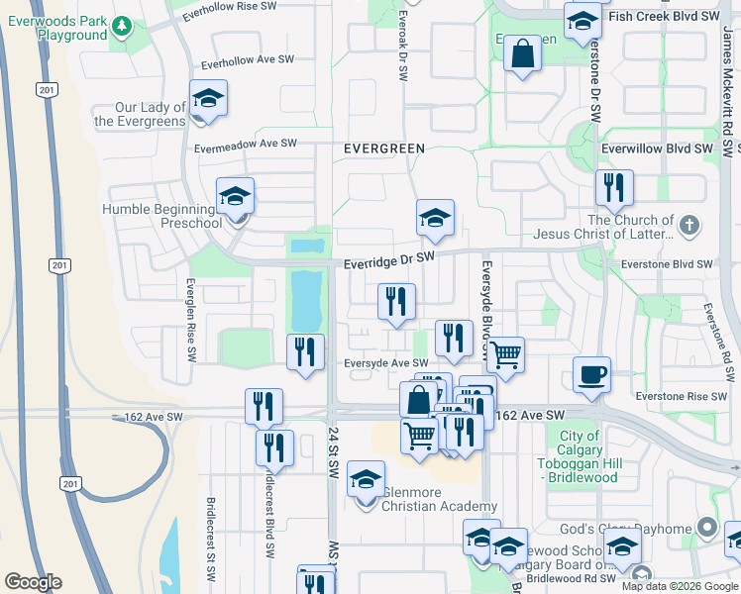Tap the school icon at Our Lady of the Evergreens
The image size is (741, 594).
pyautogui.click(x=208, y=99)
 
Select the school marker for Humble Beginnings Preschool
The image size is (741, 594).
pyautogui.click(x=236, y=197)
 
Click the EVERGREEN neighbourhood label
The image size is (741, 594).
pyautogui.click(x=383, y=148)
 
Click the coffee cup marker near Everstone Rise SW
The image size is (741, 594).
pyautogui.click(x=591, y=375)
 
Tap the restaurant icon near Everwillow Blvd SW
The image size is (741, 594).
pyautogui.click(x=614, y=186)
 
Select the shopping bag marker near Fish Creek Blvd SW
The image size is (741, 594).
pyautogui.click(x=522, y=53)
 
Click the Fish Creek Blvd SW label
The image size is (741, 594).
pyautogui.click(x=664, y=17)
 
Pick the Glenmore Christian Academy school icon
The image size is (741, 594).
pyautogui.click(x=366, y=480)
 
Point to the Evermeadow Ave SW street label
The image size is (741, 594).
pyautogui.click(x=246, y=145)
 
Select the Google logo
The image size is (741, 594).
pyautogui.click(x=33, y=582)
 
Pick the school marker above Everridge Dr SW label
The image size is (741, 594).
pyautogui.click(x=434, y=219)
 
